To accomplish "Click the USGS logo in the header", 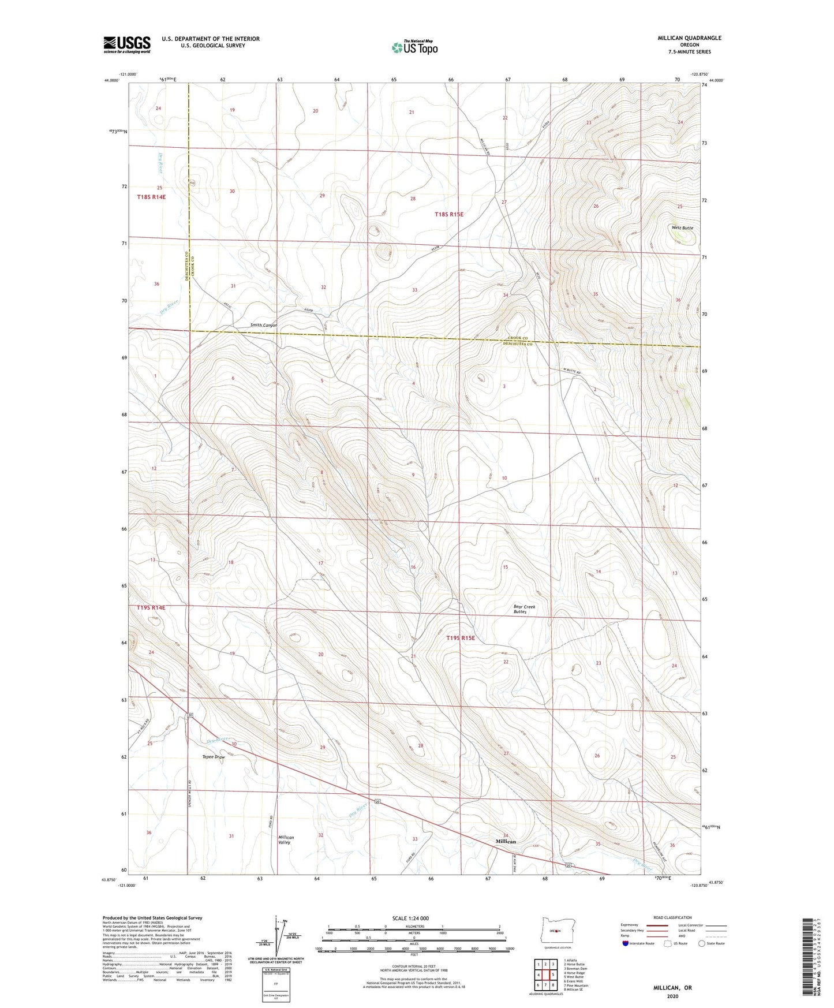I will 127,44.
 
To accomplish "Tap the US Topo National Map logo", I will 414,47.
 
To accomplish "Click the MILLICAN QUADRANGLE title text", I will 689,38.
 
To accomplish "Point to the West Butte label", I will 682,228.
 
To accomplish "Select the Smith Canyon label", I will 263,325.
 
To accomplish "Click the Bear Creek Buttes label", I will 524,609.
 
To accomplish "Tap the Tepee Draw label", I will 213,757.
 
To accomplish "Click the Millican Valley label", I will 286,839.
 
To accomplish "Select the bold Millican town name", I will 506,842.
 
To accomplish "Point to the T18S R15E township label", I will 448,214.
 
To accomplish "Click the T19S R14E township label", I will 151,607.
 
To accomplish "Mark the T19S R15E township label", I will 460,638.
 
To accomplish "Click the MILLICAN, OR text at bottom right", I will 672,988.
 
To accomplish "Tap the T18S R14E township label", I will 151,197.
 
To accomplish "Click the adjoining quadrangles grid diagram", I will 545,976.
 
